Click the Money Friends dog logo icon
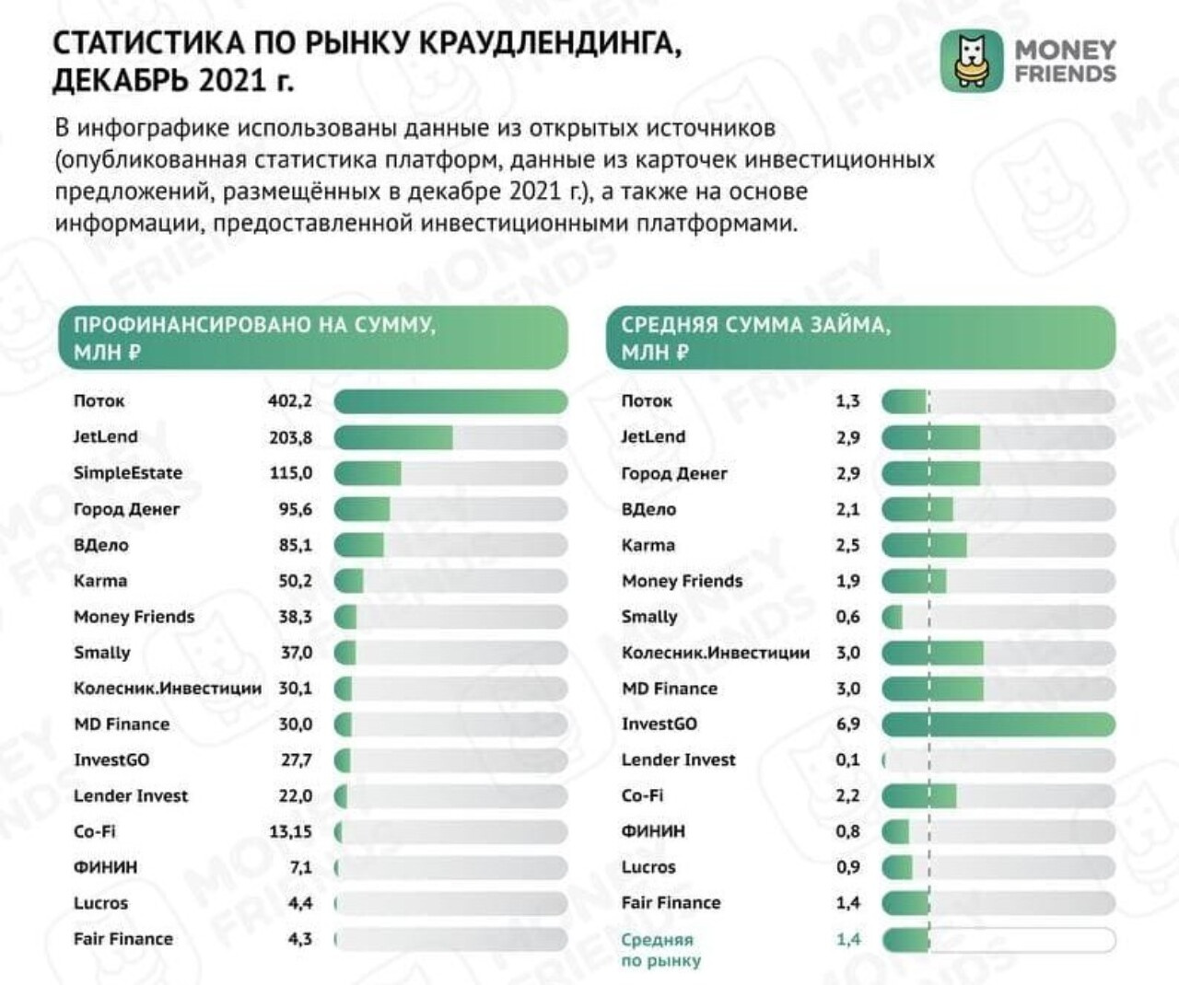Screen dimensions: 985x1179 (x=971, y=62)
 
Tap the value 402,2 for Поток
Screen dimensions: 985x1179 (x=290, y=400)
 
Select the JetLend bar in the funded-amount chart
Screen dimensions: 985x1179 (x=394, y=437)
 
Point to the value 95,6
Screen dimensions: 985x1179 (x=296, y=509)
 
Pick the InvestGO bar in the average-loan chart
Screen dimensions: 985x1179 (x=998, y=724)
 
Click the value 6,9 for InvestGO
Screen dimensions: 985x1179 (x=847, y=724)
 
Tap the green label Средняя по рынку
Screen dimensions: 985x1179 (x=660, y=949)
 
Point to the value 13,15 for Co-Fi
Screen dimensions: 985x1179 (x=290, y=831)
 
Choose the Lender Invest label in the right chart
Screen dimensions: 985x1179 (x=678, y=760)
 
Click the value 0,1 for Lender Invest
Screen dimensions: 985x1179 (x=847, y=760)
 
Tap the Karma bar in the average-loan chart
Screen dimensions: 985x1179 (x=924, y=545)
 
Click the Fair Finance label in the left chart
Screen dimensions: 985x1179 (x=123, y=939)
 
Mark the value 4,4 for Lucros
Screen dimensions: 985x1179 (x=300, y=903)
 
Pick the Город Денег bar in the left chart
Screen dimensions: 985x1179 (x=362, y=509)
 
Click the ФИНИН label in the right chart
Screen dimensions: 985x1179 (x=653, y=831)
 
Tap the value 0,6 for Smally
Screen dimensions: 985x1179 (x=847, y=617)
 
